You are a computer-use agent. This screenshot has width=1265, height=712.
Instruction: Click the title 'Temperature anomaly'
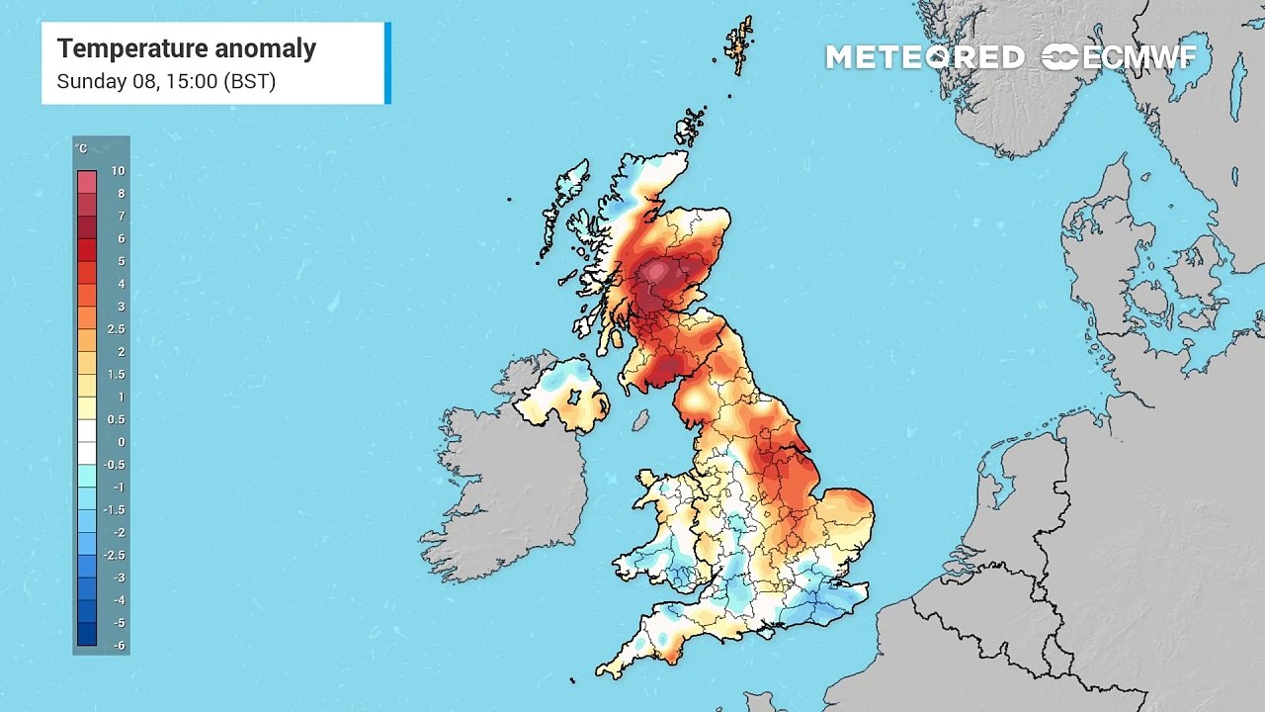pyautogui.click(x=186, y=48)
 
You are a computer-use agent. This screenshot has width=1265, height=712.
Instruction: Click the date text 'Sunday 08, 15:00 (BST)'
pyautogui.click(x=165, y=82)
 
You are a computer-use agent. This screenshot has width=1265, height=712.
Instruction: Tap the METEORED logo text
pyautogui.click(x=924, y=57)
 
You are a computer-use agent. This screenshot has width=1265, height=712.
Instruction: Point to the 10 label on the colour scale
pyautogui.click(x=118, y=171)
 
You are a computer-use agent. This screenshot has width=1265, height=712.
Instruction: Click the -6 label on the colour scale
pyautogui.click(x=118, y=646)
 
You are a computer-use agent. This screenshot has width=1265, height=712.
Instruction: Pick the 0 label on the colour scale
pyautogui.click(x=121, y=442)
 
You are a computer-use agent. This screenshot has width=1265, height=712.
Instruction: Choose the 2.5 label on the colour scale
pyautogui.click(x=116, y=329)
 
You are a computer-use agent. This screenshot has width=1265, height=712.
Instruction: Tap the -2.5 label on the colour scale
pyautogui.click(x=116, y=556)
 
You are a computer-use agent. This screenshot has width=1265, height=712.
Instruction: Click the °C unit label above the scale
pyautogui.click(x=81, y=149)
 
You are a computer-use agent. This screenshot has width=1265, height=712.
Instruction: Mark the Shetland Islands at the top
pyautogui.click(x=739, y=44)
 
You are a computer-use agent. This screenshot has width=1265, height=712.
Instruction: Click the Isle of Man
pyautogui.click(x=640, y=420)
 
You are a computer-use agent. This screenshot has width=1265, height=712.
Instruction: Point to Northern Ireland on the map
pyautogui.click(x=561, y=394)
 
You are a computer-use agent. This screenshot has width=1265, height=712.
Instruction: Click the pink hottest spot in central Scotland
pyautogui.click(x=656, y=271)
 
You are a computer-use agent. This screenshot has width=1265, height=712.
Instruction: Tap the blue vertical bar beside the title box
pyautogui.click(x=387, y=63)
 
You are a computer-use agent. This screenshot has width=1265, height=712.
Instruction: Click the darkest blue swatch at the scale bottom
pyautogui.click(x=87, y=634)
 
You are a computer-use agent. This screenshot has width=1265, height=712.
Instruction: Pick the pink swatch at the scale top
pyautogui.click(x=87, y=182)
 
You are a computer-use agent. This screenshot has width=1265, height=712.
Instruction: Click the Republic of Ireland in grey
pyautogui.click(x=504, y=485)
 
